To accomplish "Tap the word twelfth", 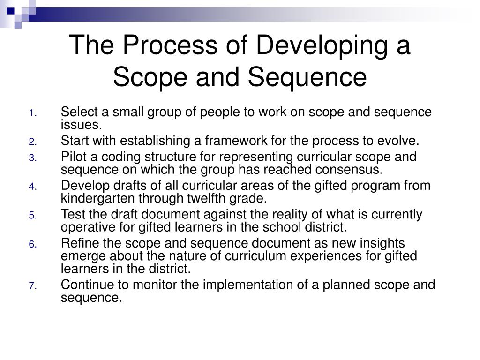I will point(202,198).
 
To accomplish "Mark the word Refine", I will point(76,244).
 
